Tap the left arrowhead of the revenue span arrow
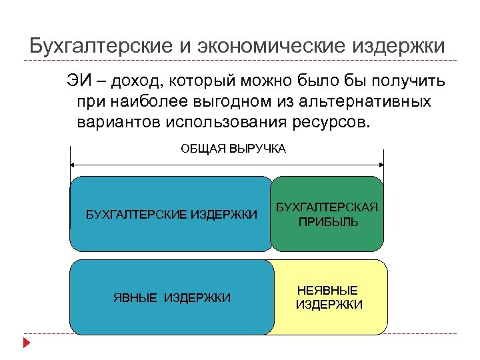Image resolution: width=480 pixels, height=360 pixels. [73, 165]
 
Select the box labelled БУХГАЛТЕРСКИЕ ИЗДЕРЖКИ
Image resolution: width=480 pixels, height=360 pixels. [171, 213]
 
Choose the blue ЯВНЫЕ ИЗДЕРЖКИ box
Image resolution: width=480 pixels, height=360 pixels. [171, 297]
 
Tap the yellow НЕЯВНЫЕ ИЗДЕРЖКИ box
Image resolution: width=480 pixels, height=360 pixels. [329, 297]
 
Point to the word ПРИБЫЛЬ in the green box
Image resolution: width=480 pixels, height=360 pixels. [327, 221]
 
